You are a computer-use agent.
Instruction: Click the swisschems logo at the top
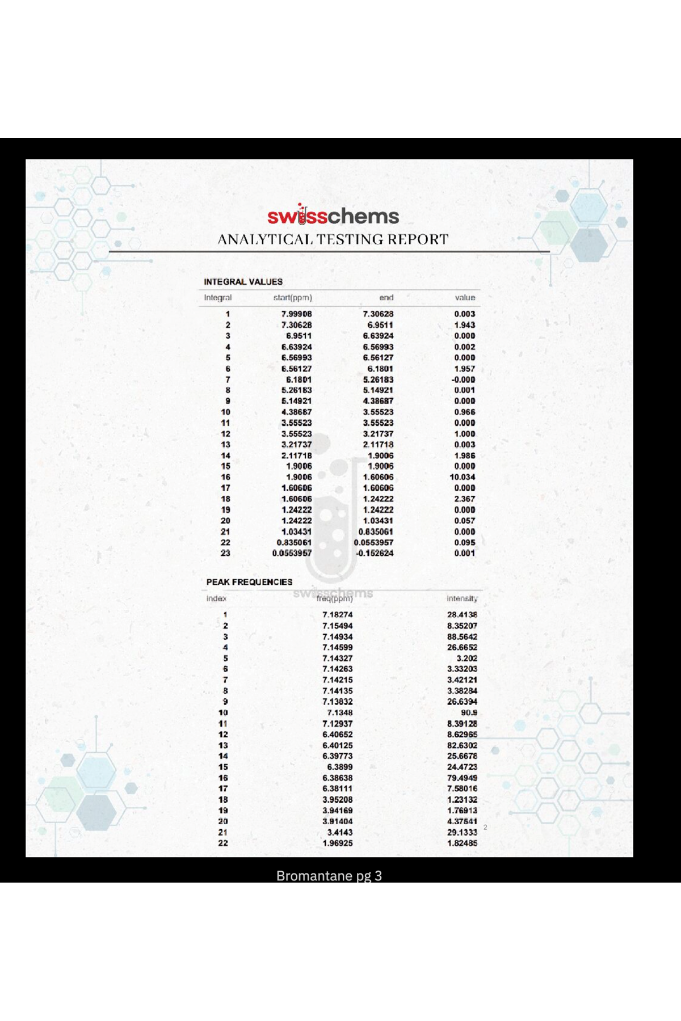[x=333, y=216]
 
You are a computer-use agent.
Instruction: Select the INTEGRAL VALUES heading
[x=243, y=282]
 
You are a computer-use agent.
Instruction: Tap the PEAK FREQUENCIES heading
[x=249, y=582]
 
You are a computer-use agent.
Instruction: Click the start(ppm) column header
[x=292, y=298]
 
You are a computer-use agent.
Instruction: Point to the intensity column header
[x=462, y=598]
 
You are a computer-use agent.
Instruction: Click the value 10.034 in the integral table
[x=462, y=477]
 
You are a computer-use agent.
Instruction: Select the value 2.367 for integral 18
[x=464, y=499]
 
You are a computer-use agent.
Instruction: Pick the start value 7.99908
[x=296, y=314]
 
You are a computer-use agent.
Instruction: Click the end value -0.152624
[x=374, y=553]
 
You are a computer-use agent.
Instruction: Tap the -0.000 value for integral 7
[x=463, y=379]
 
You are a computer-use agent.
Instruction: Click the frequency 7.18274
[x=337, y=615]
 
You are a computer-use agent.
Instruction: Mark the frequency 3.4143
[x=339, y=832]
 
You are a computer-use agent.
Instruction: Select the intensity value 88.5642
[x=462, y=636]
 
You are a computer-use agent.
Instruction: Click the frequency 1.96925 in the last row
[x=337, y=843]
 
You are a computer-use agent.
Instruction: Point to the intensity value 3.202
[x=466, y=659]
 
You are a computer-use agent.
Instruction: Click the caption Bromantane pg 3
[x=329, y=876]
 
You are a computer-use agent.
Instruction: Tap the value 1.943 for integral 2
[x=464, y=325]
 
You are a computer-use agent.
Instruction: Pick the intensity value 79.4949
[x=462, y=778]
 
